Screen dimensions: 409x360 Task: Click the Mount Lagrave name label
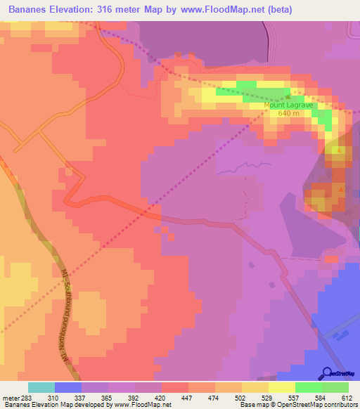pos(288,105)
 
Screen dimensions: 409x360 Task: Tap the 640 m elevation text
pos(288,114)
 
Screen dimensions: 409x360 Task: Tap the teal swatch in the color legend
pos(41,387)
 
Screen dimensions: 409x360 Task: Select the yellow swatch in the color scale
pos(281,387)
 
